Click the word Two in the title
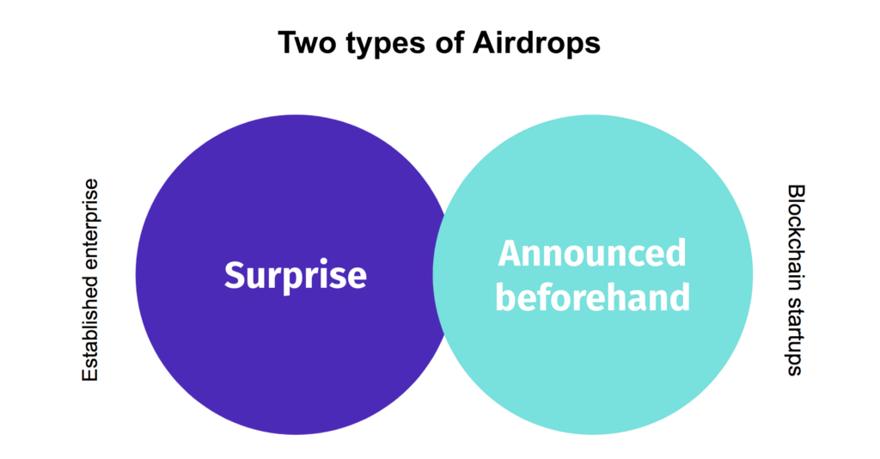306,43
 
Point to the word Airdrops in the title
536,45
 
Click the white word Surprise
296,276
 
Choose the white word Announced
592,254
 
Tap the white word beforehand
593,297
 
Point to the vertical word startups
796,335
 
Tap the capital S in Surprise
235,276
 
